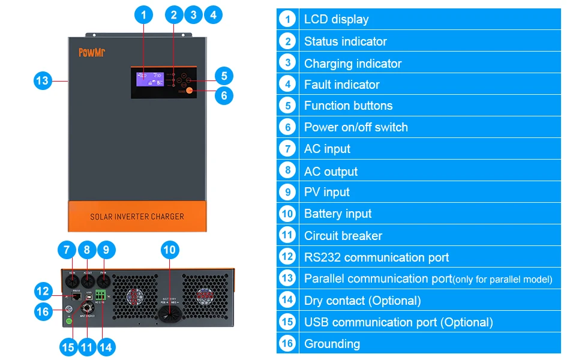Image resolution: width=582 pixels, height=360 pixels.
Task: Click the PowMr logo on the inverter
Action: point(92,53)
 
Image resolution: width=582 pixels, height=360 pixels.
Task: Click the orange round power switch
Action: point(189,91)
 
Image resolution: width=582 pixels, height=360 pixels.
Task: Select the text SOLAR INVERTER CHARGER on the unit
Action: point(137,216)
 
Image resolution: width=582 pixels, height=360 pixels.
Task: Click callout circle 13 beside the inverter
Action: point(43,80)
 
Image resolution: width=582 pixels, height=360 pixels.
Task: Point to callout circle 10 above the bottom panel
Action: point(170,250)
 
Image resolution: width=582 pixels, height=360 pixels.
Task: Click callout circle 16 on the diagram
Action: point(43,311)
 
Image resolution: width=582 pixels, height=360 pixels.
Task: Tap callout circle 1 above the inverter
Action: point(143,15)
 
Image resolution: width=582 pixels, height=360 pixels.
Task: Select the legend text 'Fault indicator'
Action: point(341,85)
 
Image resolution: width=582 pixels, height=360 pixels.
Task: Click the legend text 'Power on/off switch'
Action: point(356,127)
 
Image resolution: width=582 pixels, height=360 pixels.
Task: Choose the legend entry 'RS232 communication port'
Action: point(376,257)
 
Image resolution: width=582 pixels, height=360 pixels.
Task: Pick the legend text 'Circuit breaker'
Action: point(343,236)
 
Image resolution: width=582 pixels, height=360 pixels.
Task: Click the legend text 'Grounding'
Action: point(332,344)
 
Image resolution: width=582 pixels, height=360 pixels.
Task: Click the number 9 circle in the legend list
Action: point(287,192)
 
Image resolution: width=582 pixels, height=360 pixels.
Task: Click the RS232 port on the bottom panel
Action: point(77,297)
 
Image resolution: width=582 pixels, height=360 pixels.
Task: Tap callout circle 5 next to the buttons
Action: point(224,76)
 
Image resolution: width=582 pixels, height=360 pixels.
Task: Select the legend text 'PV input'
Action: point(326,192)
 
